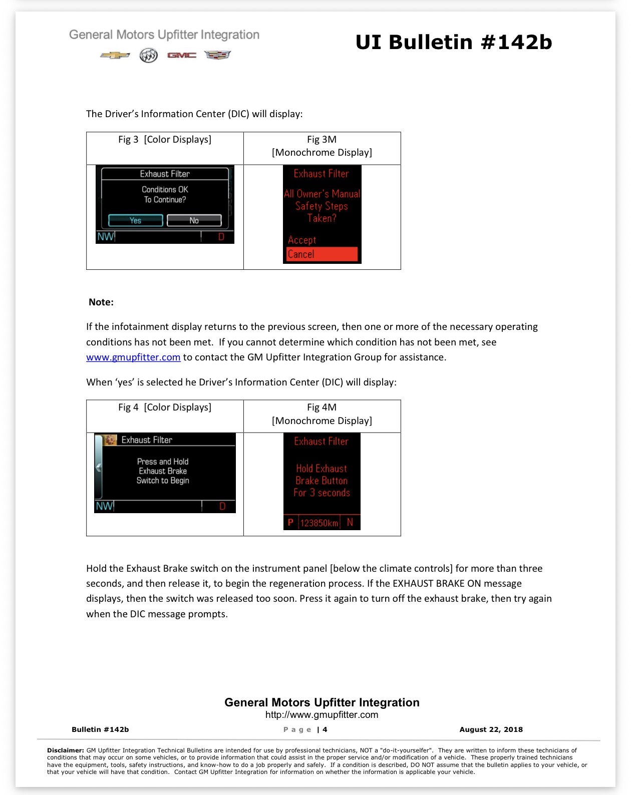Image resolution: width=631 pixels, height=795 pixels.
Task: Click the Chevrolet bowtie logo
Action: (x=115, y=56)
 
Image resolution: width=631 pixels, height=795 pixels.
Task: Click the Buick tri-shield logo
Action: (x=148, y=56)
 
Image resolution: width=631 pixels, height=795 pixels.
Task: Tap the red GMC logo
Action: (x=181, y=56)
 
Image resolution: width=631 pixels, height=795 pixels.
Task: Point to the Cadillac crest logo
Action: (x=218, y=55)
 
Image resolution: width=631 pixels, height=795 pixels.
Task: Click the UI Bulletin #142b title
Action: (x=454, y=42)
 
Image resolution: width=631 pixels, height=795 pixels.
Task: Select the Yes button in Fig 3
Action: (x=135, y=220)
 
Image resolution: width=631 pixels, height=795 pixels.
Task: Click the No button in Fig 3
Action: (x=194, y=220)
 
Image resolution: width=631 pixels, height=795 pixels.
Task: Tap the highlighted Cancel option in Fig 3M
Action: (x=322, y=254)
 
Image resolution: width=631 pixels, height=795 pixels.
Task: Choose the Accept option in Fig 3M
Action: (x=301, y=240)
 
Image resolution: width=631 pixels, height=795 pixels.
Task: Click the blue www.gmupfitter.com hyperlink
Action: (x=133, y=357)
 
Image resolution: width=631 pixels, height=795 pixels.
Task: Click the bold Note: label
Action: (x=101, y=302)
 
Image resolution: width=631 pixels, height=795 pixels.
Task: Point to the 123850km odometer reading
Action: (x=319, y=523)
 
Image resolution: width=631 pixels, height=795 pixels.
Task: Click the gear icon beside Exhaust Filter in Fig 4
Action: (x=110, y=440)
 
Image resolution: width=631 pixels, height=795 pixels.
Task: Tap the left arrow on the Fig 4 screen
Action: (x=98, y=467)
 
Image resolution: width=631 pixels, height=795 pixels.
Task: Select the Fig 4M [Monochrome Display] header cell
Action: (x=322, y=416)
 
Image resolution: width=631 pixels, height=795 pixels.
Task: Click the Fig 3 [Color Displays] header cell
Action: (x=165, y=148)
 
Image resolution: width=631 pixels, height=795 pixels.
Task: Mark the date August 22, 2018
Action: (x=491, y=729)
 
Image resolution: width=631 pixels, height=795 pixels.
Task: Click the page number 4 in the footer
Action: (x=325, y=729)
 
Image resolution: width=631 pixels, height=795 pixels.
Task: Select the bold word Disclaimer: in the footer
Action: (x=66, y=750)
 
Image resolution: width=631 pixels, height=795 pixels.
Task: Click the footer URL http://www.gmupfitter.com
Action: (x=322, y=715)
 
